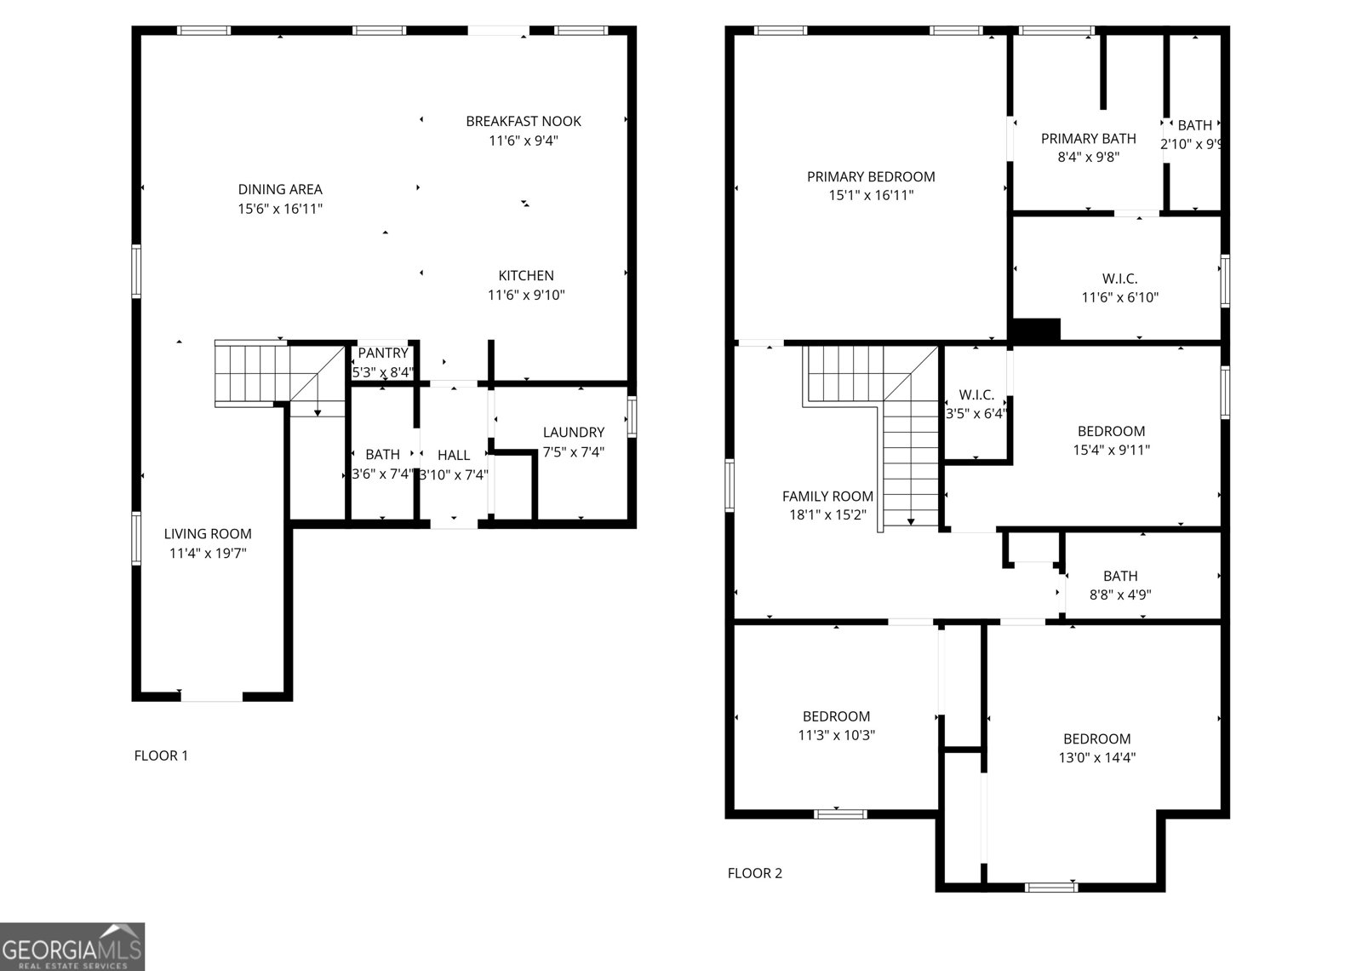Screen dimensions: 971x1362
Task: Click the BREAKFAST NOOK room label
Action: tap(523, 121)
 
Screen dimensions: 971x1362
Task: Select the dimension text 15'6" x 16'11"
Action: tap(280, 208)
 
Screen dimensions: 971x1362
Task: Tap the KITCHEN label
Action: tap(526, 275)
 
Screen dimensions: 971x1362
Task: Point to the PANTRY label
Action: tap(383, 353)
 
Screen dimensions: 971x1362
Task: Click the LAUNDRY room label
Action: tap(574, 432)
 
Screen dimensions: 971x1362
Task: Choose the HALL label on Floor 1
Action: tap(454, 455)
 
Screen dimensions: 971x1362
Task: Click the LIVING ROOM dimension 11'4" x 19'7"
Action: tap(208, 553)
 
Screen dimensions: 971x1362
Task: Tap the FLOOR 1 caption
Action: tap(161, 755)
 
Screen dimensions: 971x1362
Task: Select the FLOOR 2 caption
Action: tap(754, 872)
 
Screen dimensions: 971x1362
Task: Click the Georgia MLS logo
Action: tap(72, 945)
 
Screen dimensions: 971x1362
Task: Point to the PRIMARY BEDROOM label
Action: tap(871, 176)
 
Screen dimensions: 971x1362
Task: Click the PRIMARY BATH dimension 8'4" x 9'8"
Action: tap(1088, 157)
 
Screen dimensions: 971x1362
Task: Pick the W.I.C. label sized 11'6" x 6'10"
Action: tap(1119, 279)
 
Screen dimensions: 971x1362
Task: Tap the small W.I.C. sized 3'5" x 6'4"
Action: tap(976, 394)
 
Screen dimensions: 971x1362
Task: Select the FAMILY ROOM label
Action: tap(827, 496)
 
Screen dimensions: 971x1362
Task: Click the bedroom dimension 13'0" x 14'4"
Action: tap(1096, 757)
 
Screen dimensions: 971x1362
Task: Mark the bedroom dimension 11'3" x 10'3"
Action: tap(836, 735)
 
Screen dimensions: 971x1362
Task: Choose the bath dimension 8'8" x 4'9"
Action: tap(1120, 595)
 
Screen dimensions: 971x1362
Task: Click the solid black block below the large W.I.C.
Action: tap(1035, 329)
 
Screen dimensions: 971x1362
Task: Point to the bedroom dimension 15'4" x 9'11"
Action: tap(1111, 450)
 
